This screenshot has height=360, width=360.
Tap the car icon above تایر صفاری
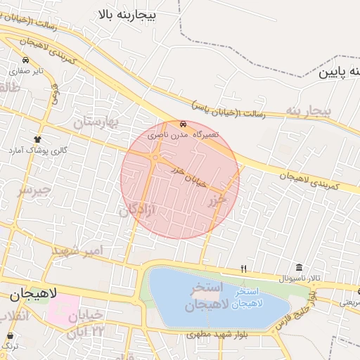tap(25, 60)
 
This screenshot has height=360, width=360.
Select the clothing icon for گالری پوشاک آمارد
tap(37, 139)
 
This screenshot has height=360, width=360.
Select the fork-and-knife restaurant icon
tap(243, 268)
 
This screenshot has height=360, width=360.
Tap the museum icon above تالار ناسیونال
tap(300, 267)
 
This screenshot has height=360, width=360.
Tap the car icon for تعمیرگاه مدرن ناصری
tap(184, 124)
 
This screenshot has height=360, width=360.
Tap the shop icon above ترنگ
tap(10, 335)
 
